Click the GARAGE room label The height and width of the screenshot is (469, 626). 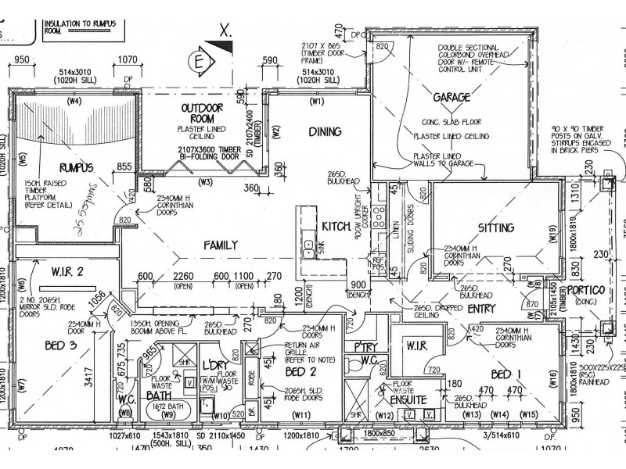452,98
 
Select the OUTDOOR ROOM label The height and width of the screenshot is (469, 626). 199,113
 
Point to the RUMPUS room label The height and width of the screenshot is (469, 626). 76,166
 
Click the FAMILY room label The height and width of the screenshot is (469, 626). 221,245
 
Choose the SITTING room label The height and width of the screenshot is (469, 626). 496,228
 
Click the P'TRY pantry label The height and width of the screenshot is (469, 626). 366,346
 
